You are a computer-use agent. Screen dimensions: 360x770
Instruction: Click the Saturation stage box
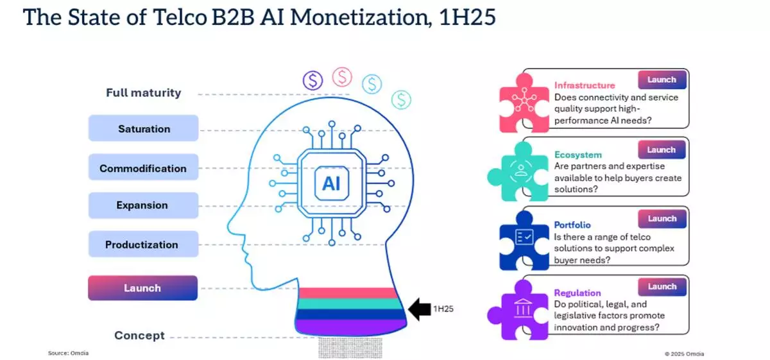coord(144,129)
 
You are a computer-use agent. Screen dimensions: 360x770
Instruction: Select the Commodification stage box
coord(143,169)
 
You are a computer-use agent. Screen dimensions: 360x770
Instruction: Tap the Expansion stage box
coord(142,206)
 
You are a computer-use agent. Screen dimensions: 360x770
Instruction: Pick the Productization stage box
coord(142,244)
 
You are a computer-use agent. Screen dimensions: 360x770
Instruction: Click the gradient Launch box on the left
coord(142,288)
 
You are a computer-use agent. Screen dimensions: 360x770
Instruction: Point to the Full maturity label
coord(143,93)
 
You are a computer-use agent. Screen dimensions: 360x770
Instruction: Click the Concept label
coord(139,336)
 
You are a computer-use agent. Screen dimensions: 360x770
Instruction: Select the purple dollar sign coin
coord(313,80)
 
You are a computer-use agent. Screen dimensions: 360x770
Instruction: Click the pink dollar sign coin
coord(342,77)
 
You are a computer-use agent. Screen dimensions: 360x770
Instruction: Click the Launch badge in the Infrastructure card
coord(662,80)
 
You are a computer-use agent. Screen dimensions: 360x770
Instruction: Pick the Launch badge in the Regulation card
coord(662,287)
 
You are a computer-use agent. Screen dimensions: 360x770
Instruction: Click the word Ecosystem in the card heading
coord(577,155)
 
